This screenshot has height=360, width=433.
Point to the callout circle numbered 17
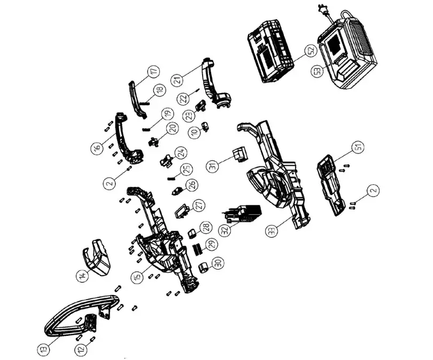tap(154, 71)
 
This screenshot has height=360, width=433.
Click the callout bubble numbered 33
tap(272, 231)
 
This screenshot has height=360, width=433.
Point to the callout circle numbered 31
tap(216, 167)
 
